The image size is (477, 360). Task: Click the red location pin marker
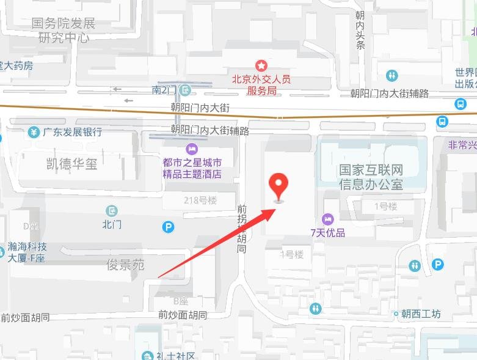pyautogui.click(x=280, y=185)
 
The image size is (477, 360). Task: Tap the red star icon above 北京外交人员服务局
pyautogui.click(x=261, y=65)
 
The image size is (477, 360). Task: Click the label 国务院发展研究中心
pyautogui.click(x=64, y=30)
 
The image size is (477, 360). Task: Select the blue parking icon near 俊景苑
pyautogui.click(x=168, y=227)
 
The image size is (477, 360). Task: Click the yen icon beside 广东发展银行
pyautogui.click(x=34, y=132)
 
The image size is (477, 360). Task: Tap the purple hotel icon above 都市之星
pyautogui.click(x=192, y=149)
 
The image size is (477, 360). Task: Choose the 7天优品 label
pyautogui.click(x=327, y=232)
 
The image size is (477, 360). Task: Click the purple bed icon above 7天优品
pyautogui.click(x=327, y=219)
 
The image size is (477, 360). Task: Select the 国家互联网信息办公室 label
pyautogui.click(x=371, y=176)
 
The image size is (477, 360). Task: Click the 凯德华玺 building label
pyautogui.click(x=72, y=164)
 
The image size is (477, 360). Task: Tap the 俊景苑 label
pyautogui.click(x=125, y=265)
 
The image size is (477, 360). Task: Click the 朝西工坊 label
pyautogui.click(x=421, y=314)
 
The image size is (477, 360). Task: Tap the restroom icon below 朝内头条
pyautogui.click(x=391, y=76)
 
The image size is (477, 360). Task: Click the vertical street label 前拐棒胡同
pyautogui.click(x=242, y=229)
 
